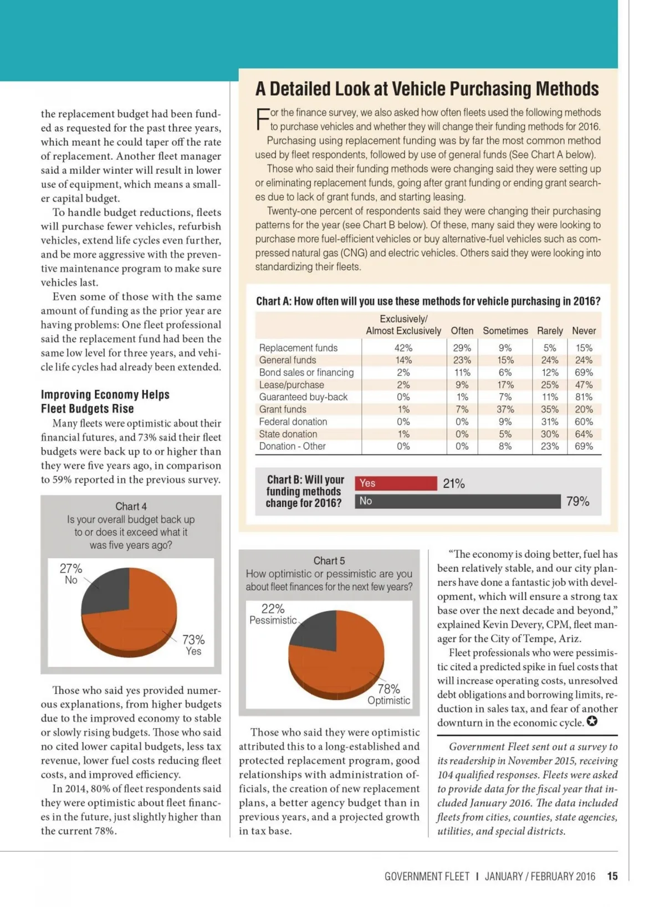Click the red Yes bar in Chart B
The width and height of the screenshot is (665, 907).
pyautogui.click(x=396, y=483)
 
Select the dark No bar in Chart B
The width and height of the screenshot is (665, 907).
pyautogui.click(x=457, y=501)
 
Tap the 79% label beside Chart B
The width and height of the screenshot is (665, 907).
pyautogui.click(x=577, y=502)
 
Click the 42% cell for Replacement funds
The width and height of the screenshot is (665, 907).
pyautogui.click(x=403, y=348)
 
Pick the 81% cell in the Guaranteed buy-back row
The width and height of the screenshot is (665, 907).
pyautogui.click(x=584, y=397)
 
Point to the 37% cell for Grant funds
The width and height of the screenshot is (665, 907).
pyautogui.click(x=505, y=409)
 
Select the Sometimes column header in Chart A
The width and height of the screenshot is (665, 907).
pyautogui.click(x=505, y=331)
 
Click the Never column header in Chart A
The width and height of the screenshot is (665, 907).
pyautogui.click(x=584, y=331)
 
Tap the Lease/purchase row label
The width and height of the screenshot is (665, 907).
pyautogui.click(x=291, y=385)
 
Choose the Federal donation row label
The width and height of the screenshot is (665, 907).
pyautogui.click(x=293, y=422)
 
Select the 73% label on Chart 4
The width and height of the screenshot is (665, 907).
pyautogui.click(x=193, y=640)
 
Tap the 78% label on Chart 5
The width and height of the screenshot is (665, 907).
pyautogui.click(x=388, y=689)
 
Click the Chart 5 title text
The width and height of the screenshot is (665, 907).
pyautogui.click(x=329, y=561)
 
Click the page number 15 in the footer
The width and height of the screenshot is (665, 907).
pyautogui.click(x=612, y=877)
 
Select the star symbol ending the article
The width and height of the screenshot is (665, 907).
pyautogui.click(x=592, y=722)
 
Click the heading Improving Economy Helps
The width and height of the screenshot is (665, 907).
pyautogui.click(x=105, y=395)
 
